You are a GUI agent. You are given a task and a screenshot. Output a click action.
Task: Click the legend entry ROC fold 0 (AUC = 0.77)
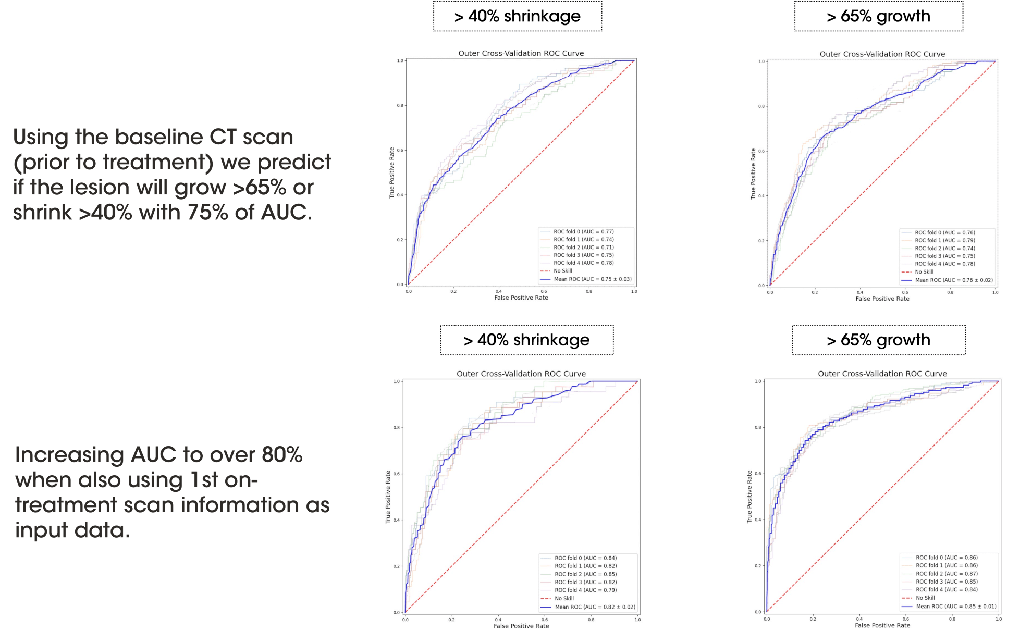pyautogui.click(x=583, y=232)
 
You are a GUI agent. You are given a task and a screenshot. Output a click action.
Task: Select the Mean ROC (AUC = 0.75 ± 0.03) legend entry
pyautogui.click(x=592, y=279)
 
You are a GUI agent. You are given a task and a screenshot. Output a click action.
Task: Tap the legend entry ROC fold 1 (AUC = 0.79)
pyautogui.click(x=944, y=241)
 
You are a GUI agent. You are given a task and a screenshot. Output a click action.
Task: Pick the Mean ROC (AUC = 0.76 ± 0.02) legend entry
pyautogui.click(x=953, y=280)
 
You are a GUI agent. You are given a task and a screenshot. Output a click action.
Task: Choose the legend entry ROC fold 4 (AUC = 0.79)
pyautogui.click(x=585, y=590)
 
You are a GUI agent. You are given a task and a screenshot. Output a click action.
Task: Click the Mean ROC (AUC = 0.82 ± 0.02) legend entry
pyautogui.click(x=595, y=607)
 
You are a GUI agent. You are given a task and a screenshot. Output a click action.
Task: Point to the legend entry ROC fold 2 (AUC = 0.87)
pyautogui.click(x=947, y=574)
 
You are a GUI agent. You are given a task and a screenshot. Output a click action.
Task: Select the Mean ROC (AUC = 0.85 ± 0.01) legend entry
pyautogui.click(x=956, y=607)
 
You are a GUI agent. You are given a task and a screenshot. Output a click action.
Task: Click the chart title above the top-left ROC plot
pyautogui.click(x=521, y=53)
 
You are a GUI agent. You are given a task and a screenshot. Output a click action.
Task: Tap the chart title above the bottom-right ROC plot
pyautogui.click(x=882, y=374)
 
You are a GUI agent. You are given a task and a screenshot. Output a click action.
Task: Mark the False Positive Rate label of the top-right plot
pyautogui.click(x=882, y=299)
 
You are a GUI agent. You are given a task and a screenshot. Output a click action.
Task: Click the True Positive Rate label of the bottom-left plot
pyautogui.click(x=388, y=497)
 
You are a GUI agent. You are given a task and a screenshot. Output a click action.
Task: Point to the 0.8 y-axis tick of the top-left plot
pyautogui.click(x=400, y=106)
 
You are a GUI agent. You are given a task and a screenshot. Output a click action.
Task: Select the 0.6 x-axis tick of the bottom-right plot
pyautogui.click(x=906, y=619)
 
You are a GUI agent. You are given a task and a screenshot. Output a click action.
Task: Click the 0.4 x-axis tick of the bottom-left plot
pyautogui.click(x=498, y=620)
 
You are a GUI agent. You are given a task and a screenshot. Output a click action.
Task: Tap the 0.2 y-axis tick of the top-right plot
pyautogui.click(x=761, y=241)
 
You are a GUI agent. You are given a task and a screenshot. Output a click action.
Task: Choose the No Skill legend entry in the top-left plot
pyautogui.click(x=562, y=271)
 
